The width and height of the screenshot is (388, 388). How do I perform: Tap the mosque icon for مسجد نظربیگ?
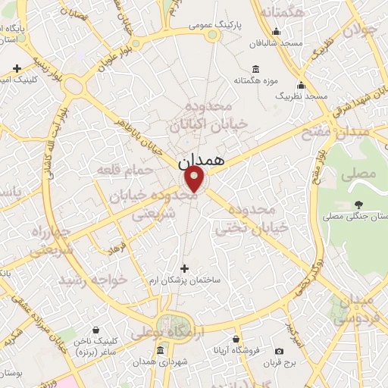(302, 84)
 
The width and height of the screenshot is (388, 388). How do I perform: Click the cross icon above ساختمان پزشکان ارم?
(185, 268)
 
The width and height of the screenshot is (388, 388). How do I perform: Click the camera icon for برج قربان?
(280, 351)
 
